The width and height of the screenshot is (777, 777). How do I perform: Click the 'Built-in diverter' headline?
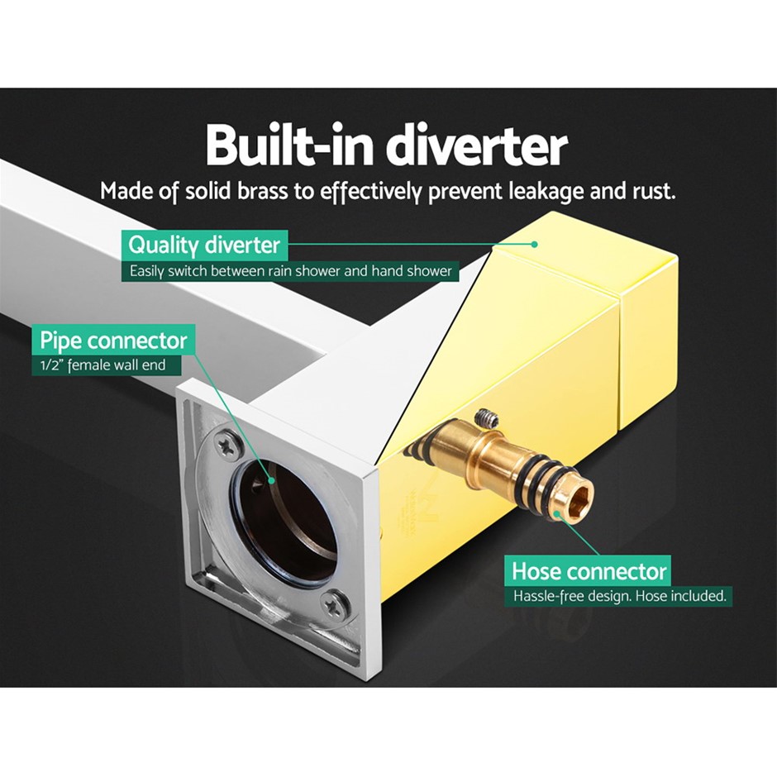click(x=387, y=144)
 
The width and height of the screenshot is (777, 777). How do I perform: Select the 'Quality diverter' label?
click(x=204, y=245)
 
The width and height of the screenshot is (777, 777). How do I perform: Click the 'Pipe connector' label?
click(x=113, y=341)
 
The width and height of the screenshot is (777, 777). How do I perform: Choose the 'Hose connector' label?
click(x=589, y=571)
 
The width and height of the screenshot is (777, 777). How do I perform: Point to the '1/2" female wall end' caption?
click(x=102, y=365)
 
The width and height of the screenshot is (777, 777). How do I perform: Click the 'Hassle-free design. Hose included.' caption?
click(x=619, y=595)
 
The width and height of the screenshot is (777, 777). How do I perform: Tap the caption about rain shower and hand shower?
click(x=291, y=271)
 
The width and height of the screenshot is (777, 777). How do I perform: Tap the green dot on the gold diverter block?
click(x=534, y=245)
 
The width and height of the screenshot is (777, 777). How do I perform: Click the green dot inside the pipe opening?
click(x=271, y=479)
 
